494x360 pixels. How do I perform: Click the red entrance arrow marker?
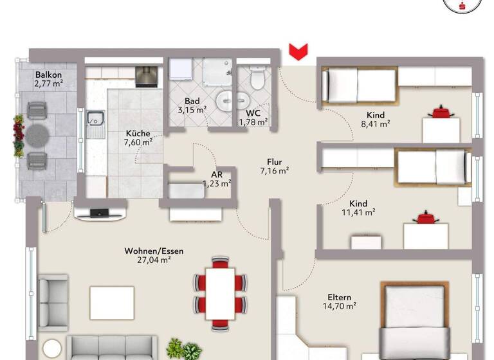(298, 51)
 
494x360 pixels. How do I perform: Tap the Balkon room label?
(48, 74)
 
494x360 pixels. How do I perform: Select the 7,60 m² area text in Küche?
(139, 143)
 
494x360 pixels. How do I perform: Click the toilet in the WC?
(258, 79)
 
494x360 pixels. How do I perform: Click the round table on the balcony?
(37, 136)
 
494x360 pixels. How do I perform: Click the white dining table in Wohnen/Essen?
(220, 292)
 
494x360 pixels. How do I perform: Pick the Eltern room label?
(339, 297)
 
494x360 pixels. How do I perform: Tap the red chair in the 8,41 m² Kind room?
(441, 113)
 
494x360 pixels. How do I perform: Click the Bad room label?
(192, 101)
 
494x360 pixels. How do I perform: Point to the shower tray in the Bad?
(217, 73)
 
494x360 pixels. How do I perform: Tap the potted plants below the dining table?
(183, 350)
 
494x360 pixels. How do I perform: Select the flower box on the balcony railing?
(18, 136)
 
